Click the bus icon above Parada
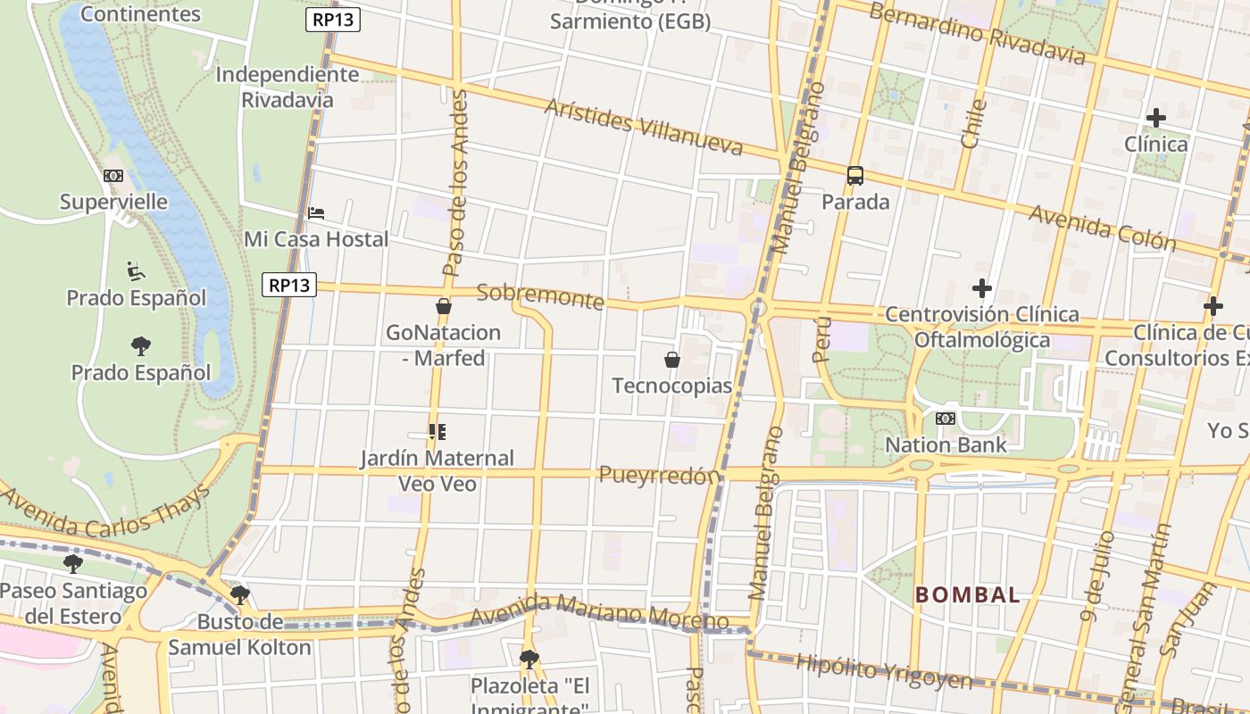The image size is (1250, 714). click(855, 175)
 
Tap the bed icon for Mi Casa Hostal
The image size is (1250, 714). click(316, 213)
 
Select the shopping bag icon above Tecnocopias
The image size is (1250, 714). click(672, 360)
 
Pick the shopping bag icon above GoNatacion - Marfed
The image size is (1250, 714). click(443, 306)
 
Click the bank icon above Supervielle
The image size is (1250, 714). click(113, 176)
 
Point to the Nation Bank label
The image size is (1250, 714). click(946, 444)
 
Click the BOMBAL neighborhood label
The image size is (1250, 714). click(967, 595)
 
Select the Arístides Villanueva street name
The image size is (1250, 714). click(643, 127)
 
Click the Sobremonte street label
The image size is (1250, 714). click(540, 296)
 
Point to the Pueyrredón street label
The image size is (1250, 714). click(659, 475)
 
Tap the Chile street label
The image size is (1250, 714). click(973, 124)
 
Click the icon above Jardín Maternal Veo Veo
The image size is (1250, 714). click(437, 432)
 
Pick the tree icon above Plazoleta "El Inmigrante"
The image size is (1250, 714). click(529, 660)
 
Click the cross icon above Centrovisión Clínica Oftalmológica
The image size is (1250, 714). click(982, 288)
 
